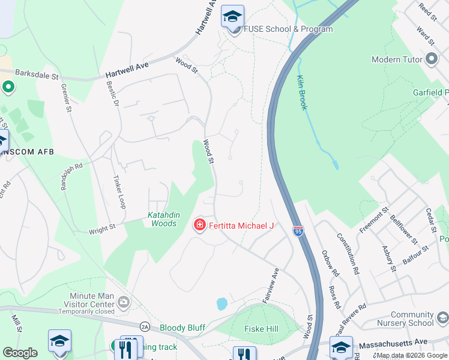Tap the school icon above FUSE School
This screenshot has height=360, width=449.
[232, 16]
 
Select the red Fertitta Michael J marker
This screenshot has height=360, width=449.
[199, 225]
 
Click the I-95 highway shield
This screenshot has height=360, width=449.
[298, 230]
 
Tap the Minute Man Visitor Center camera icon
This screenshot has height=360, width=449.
[124, 301]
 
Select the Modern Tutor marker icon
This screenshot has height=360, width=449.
[431, 59]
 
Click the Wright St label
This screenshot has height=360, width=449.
[102, 229]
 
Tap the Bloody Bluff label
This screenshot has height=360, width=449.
[182, 328]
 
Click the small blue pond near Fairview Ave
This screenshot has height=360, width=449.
[222, 304]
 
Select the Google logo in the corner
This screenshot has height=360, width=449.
[20, 353]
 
